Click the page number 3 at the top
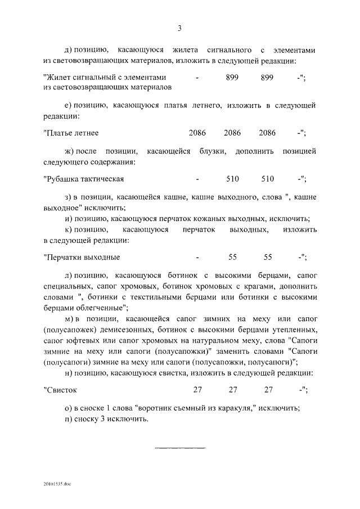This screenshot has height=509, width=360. pyautogui.click(x=179, y=28)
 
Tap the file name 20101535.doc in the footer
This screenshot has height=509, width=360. pyautogui.click(x=56, y=483)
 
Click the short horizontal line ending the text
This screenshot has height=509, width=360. pyautogui.click(x=179, y=448)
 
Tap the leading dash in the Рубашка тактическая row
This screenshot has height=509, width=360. pyautogui.click(x=197, y=179)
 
